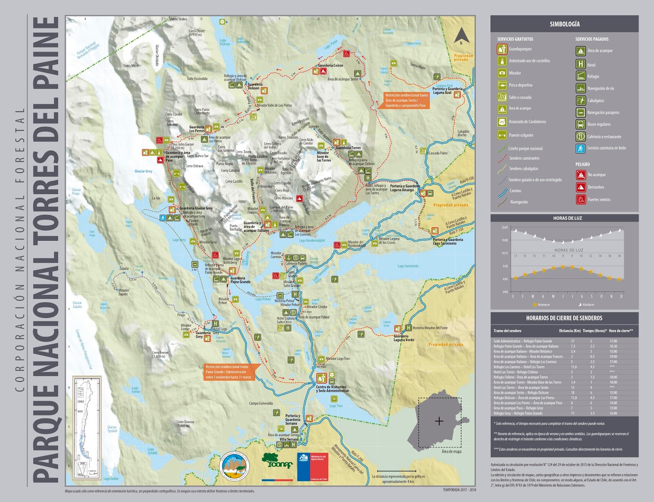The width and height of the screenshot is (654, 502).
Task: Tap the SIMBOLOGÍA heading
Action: coord(564,24)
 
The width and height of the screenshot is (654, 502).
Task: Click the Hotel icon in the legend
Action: coord(580,64)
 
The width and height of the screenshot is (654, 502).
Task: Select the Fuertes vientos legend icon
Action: coord(581,199)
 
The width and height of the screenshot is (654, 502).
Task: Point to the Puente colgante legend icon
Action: coord(502,135)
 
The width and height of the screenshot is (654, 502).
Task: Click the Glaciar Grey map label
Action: coord(143,171)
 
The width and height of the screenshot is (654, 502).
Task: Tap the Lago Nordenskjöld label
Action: coord(312,240)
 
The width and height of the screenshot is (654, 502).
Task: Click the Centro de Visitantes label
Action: coord(331,387)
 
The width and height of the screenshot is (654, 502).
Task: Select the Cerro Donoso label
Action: coord(185,422)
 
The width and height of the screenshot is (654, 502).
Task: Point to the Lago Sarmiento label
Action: coord(408,266)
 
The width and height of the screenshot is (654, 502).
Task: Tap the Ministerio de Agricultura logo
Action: coord(313,466)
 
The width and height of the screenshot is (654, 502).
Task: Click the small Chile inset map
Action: coord(87,427)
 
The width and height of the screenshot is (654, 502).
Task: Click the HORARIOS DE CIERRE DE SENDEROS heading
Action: coord(564,318)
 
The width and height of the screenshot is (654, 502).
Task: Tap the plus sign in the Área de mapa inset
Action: coord(439,421)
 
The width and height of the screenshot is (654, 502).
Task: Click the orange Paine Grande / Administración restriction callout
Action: coord(231,372)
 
